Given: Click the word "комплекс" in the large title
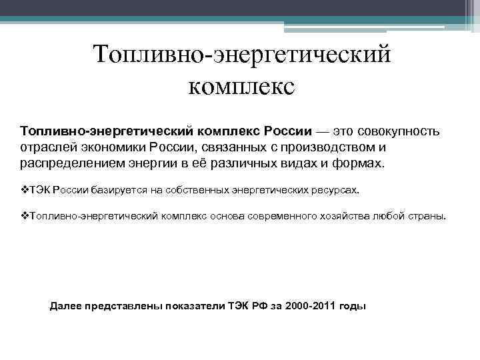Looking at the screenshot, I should [241, 87].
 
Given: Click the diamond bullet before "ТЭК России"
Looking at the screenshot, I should [23, 189].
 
